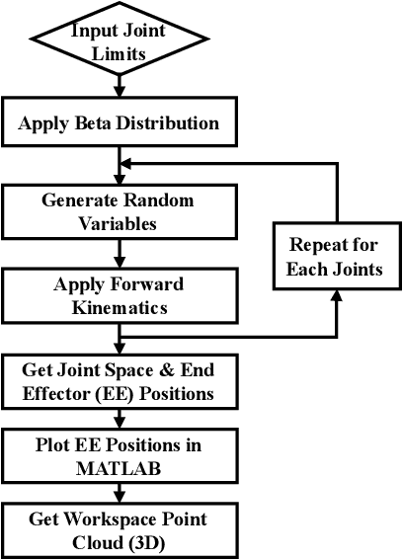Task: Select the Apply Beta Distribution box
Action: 119,125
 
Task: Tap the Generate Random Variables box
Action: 119,210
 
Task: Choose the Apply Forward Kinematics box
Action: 119,295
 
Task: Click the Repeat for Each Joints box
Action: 335,256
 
